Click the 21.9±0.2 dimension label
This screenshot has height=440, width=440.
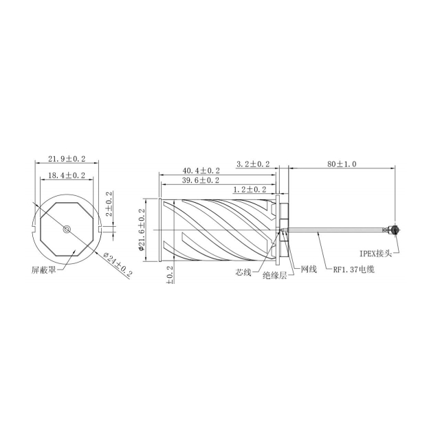pyautogui.click(x=67, y=159)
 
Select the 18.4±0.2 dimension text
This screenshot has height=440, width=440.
pyautogui.click(x=67, y=176)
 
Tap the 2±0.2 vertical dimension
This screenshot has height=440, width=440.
pyautogui.click(x=109, y=203)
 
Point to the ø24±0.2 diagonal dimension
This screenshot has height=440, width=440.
pyautogui.click(x=118, y=264)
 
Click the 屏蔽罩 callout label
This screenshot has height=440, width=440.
pyautogui.click(x=43, y=270)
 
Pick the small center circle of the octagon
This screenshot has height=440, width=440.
pyautogui.click(x=67, y=229)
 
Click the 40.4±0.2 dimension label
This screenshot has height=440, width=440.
pyautogui.click(x=201, y=170)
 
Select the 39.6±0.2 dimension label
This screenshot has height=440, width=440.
pyautogui.click(x=201, y=180)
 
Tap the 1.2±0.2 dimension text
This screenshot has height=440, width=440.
pyautogui.click(x=250, y=190)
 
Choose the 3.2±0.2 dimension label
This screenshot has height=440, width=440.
pyautogui.click(x=253, y=164)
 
